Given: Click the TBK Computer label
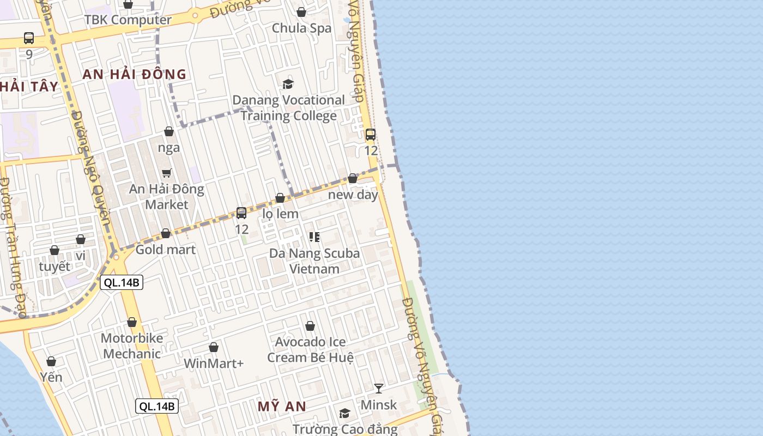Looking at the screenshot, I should pyautogui.click(x=128, y=20).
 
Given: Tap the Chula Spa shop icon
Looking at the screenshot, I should pyautogui.click(x=301, y=12).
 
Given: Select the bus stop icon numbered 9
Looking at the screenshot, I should pyautogui.click(x=29, y=38).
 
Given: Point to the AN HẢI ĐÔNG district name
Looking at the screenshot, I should pyautogui.click(x=134, y=75).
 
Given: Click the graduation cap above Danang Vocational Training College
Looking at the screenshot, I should pyautogui.click(x=288, y=84).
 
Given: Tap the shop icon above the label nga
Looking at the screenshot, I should pyautogui.click(x=169, y=131).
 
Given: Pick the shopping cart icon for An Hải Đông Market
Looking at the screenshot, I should pyautogui.click(x=167, y=173).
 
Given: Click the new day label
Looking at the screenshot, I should pyautogui.click(x=353, y=195).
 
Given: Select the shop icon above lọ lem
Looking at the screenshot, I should pyautogui.click(x=280, y=198).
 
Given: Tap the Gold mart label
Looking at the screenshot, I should pyautogui.click(x=165, y=250).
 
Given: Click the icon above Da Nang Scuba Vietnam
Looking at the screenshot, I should pyautogui.click(x=314, y=237).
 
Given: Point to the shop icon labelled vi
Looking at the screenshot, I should pyautogui.click(x=81, y=239).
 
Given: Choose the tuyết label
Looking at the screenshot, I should pyautogui.click(x=55, y=267).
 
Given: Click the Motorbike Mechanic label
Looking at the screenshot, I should pyautogui.click(x=132, y=346).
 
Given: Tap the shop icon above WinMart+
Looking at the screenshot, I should pyautogui.click(x=214, y=347).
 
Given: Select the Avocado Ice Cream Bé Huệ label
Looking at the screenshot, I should pyautogui.click(x=310, y=349).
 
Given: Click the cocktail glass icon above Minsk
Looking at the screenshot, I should pyautogui.click(x=379, y=388).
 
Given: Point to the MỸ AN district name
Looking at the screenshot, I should pyautogui.click(x=282, y=407).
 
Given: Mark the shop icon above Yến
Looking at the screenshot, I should pyautogui.click(x=51, y=361).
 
